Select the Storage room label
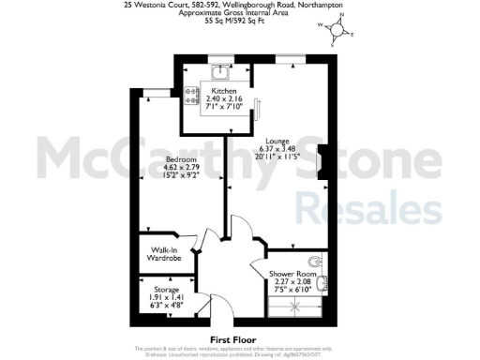(165, 290)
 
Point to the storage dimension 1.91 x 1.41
(165, 297)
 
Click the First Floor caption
(233, 339)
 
